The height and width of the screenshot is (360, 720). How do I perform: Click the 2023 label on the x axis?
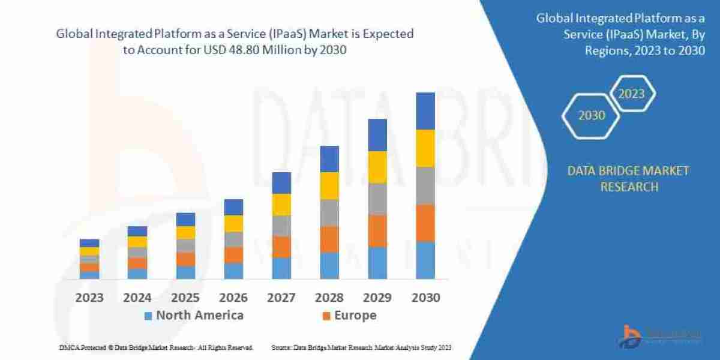coord(89,298)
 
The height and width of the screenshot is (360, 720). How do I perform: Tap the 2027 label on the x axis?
coord(281,298)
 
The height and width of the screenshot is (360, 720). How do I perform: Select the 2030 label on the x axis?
coord(425,298)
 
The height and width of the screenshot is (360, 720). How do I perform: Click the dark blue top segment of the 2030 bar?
coord(425,111)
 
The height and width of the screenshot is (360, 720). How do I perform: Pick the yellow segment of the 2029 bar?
coord(377,167)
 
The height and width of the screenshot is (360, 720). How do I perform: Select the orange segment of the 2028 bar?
coord(329,239)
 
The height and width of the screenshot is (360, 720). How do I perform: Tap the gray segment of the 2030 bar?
coord(425,185)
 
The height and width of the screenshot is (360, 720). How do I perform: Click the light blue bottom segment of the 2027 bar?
coord(281,268)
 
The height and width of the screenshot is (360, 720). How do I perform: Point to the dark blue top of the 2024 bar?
coord(137,231)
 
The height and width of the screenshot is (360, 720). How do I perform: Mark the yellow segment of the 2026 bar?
coord(233,223)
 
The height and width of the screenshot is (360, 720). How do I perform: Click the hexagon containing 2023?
coord(631,94)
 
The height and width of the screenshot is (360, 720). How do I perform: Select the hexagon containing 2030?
coord(592,115)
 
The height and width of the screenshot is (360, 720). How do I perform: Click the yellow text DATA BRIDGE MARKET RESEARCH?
coord(628,179)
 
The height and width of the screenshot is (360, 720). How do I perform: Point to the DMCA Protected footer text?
coord(156,347)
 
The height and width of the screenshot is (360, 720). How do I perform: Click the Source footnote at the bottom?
coord(361,347)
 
